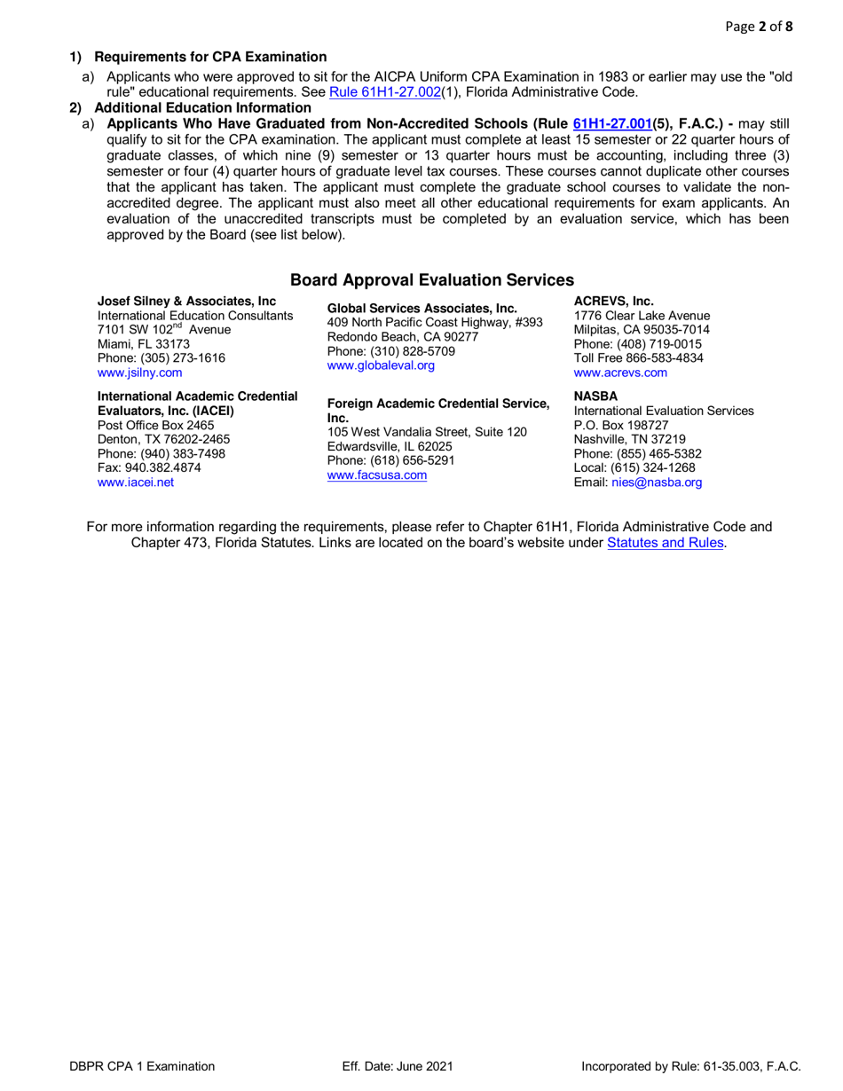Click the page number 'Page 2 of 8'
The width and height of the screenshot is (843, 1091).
pyautogui.click(x=759, y=27)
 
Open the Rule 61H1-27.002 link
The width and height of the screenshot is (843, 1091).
pyautogui.click(x=385, y=92)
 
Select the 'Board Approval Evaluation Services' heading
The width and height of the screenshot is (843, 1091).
pyautogui.click(x=432, y=280)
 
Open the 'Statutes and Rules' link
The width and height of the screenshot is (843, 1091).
pyautogui.click(x=666, y=543)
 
